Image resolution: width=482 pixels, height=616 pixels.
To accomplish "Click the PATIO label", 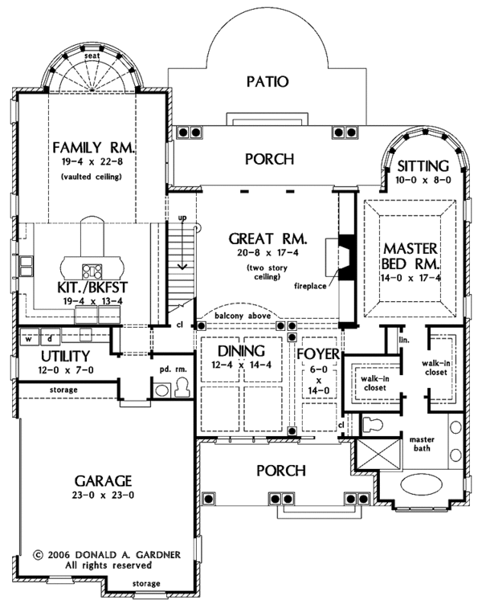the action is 268,82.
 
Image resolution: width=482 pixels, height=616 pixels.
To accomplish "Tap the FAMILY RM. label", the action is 94,148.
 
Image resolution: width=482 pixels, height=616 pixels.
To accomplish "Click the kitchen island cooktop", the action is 92,271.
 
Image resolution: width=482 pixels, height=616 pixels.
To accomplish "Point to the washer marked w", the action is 29,338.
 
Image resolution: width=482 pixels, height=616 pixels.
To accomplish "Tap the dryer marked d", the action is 51,338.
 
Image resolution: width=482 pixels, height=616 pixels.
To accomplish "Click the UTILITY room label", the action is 66,357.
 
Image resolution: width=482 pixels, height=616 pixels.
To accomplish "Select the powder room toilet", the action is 182,387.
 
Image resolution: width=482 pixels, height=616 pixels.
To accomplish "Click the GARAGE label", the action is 103,481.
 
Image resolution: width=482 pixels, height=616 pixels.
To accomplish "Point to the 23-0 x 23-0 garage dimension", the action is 103,496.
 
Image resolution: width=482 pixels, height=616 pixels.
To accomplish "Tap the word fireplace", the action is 310,286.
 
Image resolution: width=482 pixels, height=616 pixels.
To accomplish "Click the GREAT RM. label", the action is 268,239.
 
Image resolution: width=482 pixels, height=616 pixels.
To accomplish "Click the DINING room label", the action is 241,351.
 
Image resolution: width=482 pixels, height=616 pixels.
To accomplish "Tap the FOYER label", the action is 318,354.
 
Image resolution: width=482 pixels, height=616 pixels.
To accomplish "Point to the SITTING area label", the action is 423,166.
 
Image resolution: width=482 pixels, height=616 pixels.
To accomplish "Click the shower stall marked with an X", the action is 378,455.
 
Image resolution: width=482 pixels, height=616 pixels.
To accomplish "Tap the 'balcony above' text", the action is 243,316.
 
